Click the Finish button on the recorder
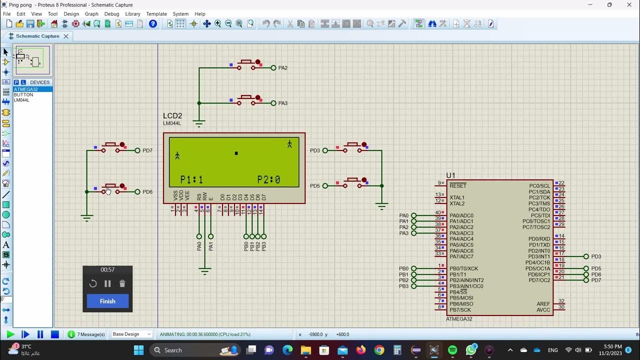point(107,301)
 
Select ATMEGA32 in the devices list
point(26,89)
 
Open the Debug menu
point(111,14)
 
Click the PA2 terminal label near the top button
point(283,68)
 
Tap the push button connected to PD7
point(110,147)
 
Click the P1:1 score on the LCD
point(191,179)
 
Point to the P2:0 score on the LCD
point(268,179)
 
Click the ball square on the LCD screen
point(236,153)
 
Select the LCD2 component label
point(172,116)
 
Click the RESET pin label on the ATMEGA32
point(457,185)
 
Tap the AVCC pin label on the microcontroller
point(543,310)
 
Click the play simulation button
point(10,334)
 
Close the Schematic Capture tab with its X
point(65,36)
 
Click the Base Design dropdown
point(131,334)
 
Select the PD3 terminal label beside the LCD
point(314,150)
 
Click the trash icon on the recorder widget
point(122,283)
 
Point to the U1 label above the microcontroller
point(450,175)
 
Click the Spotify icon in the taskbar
point(452,350)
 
